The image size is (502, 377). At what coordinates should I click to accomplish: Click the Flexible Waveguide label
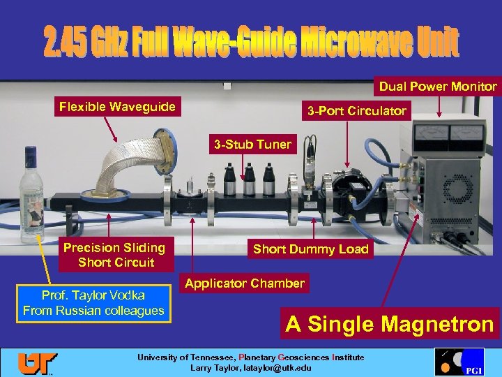pyautogui.click(x=117, y=107)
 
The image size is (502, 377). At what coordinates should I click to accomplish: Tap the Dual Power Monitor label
pyautogui.click(x=438, y=87)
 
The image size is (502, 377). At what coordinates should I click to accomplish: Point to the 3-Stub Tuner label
pyautogui.click(x=252, y=145)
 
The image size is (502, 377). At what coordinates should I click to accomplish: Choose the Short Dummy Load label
pyautogui.click(x=310, y=249)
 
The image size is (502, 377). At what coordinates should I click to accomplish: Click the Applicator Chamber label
pyautogui.click(x=244, y=283)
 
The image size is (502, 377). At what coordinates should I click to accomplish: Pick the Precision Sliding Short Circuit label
pyautogui.click(x=114, y=255)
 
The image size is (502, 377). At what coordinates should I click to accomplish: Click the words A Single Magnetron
pyautogui.click(x=390, y=324)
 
